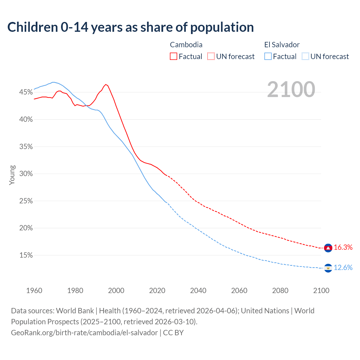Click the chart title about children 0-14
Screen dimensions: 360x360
[x=130, y=27]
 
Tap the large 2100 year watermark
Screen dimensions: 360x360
[x=291, y=89]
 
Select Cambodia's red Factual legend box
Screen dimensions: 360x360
[x=174, y=56]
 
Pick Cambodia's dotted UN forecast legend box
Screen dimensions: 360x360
[x=211, y=56]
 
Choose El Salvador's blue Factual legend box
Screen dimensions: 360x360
[x=268, y=56]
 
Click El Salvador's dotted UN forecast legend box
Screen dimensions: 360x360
[x=305, y=56]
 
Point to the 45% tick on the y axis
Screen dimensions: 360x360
[x=26, y=92]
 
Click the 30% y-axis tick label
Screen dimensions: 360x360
[x=26, y=174]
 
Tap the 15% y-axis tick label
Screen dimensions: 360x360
[x=26, y=255]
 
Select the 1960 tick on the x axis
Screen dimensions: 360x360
[x=34, y=291]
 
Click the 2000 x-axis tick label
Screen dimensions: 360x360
[x=116, y=291]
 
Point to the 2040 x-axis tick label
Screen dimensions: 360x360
[x=198, y=291]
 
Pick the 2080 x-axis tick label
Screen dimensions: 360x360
[x=280, y=291]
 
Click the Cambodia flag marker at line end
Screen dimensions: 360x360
[x=328, y=248]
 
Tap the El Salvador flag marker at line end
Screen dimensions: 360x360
[x=328, y=268]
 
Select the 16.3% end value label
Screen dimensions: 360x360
[x=343, y=247]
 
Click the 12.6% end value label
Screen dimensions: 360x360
[x=343, y=268]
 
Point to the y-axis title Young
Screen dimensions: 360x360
[x=12, y=175]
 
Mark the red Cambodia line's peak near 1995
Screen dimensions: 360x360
[x=106, y=84]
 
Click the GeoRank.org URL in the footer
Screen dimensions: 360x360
[x=84, y=333]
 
